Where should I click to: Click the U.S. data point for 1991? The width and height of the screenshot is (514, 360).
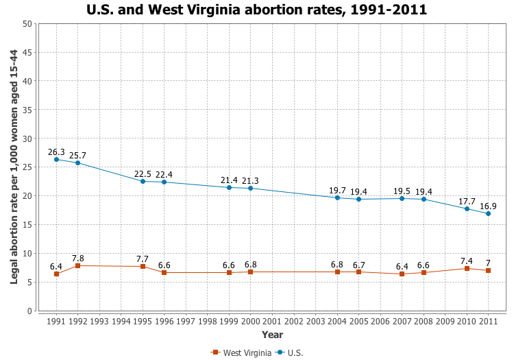[56, 159]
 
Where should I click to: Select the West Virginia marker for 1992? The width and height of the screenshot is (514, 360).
[77, 265]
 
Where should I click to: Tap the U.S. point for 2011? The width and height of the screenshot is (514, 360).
[488, 213]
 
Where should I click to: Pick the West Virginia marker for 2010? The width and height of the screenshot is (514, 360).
[467, 268]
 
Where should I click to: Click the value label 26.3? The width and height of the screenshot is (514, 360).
[56, 152]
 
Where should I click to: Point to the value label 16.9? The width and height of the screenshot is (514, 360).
[488, 204]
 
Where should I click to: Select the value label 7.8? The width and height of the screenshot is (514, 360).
[78, 258]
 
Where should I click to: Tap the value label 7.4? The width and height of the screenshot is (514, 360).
[467, 261]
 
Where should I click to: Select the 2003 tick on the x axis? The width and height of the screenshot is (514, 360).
[315, 320]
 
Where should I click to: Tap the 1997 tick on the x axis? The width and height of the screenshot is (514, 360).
[186, 320]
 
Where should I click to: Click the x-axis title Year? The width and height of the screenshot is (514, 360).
[272, 335]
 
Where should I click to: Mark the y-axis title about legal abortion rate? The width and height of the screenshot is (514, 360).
[14, 167]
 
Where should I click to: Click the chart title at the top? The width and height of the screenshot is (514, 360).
[257, 10]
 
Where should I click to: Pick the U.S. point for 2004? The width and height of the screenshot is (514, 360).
[337, 197]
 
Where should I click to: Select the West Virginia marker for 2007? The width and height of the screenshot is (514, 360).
[402, 274]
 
